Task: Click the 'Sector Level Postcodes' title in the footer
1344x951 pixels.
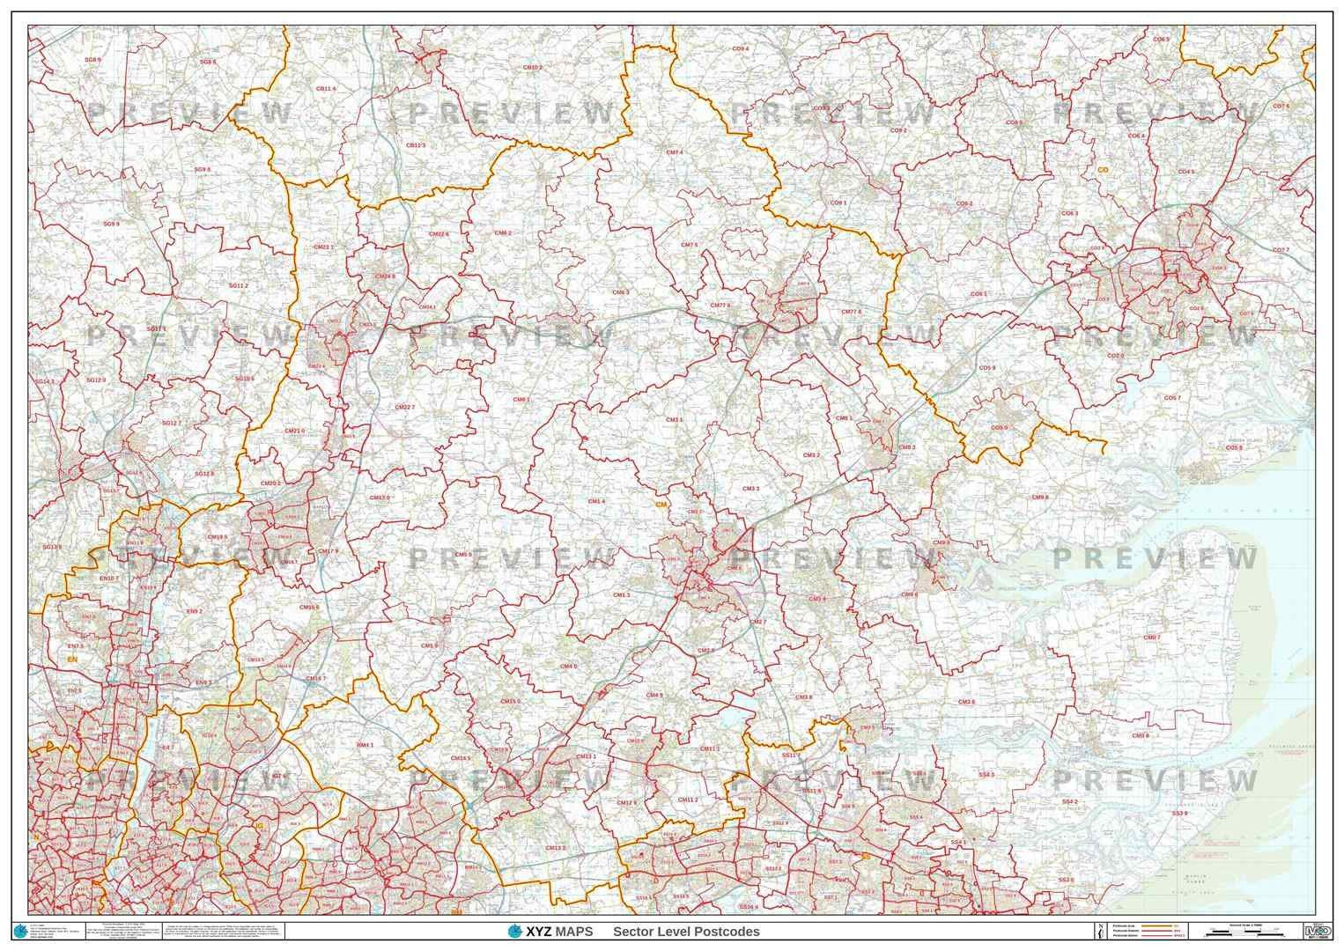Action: click(x=686, y=932)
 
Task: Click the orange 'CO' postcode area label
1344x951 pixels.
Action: click(x=1102, y=169)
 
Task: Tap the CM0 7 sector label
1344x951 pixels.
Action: click(x=1151, y=638)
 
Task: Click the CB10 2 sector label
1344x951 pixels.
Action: click(x=532, y=67)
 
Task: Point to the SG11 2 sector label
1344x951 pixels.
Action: click(x=238, y=285)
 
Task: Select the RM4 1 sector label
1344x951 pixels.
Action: click(x=365, y=745)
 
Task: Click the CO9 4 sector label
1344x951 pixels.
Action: click(x=740, y=48)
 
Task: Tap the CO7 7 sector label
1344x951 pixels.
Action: click(x=1281, y=250)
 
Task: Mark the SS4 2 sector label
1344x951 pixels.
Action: click(x=1069, y=802)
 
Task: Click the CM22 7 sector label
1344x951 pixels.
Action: click(x=404, y=407)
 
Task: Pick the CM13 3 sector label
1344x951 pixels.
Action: click(x=555, y=847)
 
